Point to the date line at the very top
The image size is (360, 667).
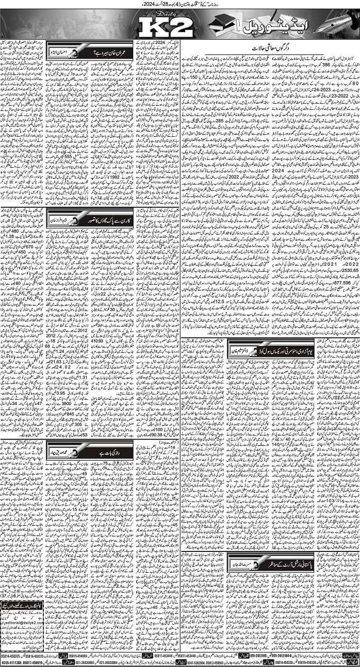(180, 5)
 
